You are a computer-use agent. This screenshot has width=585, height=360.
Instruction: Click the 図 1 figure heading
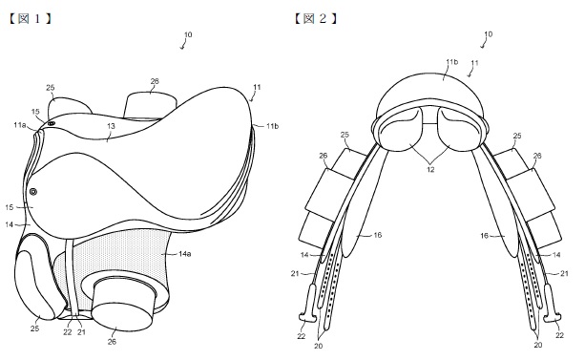(x=30, y=18)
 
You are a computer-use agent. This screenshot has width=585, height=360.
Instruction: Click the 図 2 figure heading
(x=316, y=18)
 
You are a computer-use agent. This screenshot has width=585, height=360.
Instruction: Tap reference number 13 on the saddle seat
(x=111, y=126)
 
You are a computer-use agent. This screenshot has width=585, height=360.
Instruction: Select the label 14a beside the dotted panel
(x=185, y=254)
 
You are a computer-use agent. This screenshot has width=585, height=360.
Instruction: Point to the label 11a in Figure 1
(x=20, y=125)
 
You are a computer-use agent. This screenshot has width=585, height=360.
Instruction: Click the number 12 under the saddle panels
(x=430, y=169)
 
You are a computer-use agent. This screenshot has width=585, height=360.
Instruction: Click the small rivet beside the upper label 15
(x=52, y=123)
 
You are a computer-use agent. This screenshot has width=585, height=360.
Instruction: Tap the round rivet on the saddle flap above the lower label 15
(x=33, y=192)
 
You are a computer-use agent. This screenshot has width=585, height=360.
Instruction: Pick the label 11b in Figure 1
(x=272, y=126)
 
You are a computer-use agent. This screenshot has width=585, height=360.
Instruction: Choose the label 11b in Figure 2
(x=452, y=62)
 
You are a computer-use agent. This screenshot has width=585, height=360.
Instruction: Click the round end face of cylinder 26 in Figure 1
(x=122, y=317)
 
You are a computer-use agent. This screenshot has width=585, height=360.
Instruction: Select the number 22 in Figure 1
(x=67, y=332)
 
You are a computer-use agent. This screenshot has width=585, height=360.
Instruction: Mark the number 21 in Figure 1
(x=81, y=332)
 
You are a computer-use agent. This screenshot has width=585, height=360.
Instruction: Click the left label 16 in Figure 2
(x=378, y=235)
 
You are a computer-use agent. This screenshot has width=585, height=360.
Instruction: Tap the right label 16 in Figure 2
(x=484, y=236)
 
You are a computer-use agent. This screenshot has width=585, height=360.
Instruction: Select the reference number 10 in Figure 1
(x=188, y=34)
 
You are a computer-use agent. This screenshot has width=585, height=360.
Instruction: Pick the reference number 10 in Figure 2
(x=488, y=34)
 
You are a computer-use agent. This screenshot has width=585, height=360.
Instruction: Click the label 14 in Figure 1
(x=10, y=224)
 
